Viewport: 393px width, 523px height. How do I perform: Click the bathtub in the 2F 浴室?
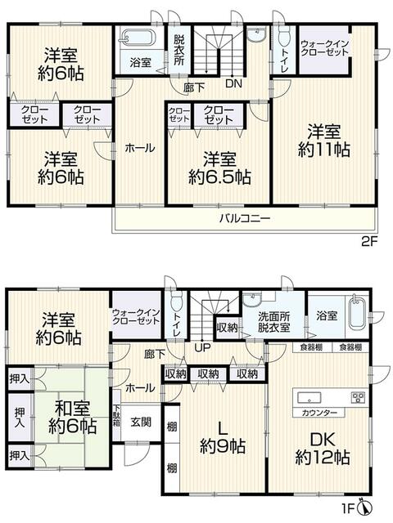[x=138, y=37]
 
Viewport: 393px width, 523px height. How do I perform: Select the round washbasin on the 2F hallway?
[x=256, y=34]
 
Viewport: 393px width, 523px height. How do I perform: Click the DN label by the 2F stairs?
[x=233, y=83]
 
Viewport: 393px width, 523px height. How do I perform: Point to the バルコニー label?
[x=245, y=219]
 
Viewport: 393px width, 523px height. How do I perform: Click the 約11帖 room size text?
[x=324, y=150]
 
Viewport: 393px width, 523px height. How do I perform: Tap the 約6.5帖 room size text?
[x=219, y=177]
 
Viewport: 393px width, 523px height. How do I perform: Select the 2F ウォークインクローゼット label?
[x=324, y=48]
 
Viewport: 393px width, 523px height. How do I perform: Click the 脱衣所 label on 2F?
[x=178, y=50]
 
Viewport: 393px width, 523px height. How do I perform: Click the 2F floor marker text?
[x=369, y=240]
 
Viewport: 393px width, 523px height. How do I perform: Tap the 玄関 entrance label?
[x=141, y=422]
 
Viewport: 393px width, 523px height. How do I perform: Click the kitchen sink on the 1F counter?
[x=309, y=398]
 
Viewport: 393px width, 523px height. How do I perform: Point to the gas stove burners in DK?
[x=358, y=397]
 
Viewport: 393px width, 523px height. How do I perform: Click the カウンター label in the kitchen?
[x=319, y=413]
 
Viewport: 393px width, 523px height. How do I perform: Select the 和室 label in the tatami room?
[x=72, y=408]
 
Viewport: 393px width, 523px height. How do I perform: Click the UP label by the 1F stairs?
[x=203, y=347]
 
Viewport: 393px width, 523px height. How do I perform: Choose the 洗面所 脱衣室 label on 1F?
[x=274, y=321]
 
